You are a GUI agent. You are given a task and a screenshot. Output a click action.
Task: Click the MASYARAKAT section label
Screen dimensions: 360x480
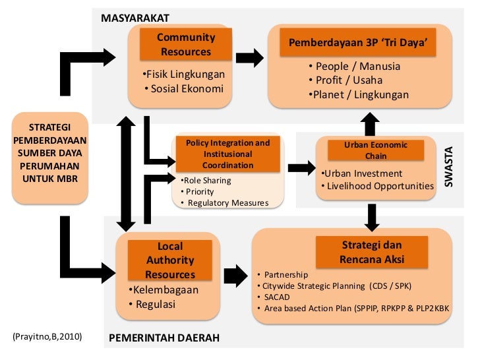tap(135, 18)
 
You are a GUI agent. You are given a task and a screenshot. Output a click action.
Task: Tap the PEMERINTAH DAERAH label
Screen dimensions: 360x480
tap(163, 339)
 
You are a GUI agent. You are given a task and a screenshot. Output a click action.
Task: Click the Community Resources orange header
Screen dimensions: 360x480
tap(185, 44)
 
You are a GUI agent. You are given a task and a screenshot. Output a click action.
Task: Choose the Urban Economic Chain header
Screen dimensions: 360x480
tap(376, 150)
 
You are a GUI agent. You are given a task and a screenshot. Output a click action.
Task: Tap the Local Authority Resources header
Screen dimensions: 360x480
tap(170, 260)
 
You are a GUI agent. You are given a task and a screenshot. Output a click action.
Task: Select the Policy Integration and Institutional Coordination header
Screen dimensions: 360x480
tap(228, 154)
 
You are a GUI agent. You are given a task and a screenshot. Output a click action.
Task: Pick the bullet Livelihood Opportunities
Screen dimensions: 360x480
tap(380, 187)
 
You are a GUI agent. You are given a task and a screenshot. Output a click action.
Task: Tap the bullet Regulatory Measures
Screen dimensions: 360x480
tap(225, 202)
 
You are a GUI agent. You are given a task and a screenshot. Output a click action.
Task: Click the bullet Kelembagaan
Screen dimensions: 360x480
tap(163, 289)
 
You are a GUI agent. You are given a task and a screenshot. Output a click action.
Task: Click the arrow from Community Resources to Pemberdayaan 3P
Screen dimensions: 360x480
tap(248, 58)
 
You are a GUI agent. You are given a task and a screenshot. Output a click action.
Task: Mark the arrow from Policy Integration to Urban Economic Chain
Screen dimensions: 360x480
tap(301, 168)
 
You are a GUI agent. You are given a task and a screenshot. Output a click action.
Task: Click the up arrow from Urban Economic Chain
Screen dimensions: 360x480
tap(371, 123)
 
